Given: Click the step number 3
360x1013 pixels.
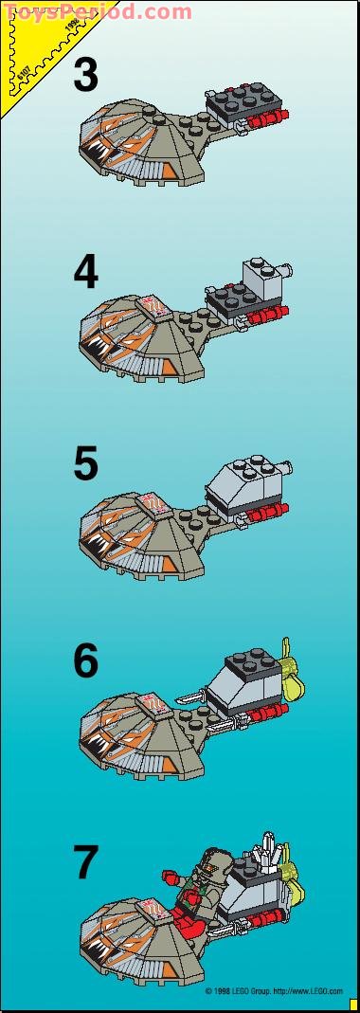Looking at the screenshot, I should tap(85, 75).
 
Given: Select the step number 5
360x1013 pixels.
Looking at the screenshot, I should tap(85, 464).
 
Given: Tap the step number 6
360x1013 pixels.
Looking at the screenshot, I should tap(85, 660).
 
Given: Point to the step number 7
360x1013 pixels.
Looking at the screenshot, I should tap(85, 862).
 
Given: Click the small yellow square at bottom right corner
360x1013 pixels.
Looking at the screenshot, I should tap(353, 1004).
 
